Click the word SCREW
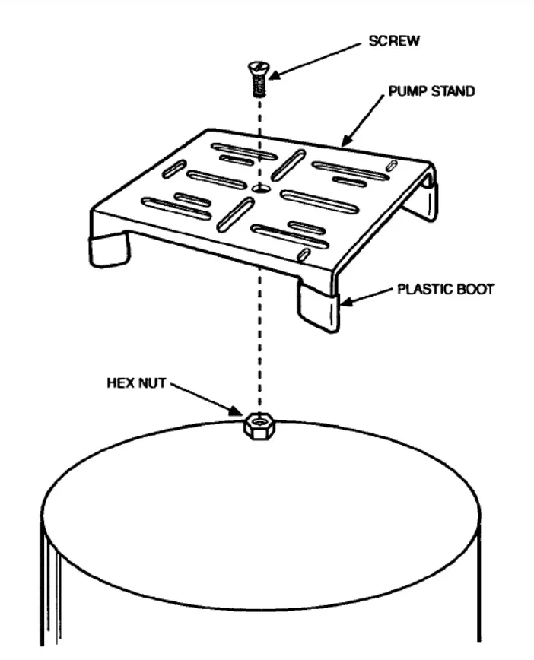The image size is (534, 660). click(x=394, y=41)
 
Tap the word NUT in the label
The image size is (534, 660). click(x=152, y=383)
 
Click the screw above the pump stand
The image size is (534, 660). click(x=258, y=79)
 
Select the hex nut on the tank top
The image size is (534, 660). click(x=257, y=426)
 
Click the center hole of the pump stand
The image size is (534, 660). click(x=262, y=188)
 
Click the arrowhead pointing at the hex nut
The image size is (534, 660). click(x=236, y=411)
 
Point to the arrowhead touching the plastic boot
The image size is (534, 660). click(x=346, y=300)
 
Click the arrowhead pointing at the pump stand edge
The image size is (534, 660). click(x=347, y=140)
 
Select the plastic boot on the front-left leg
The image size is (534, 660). click(x=108, y=249)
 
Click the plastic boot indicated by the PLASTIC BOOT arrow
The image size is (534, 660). click(x=319, y=308)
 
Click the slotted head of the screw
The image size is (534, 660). click(x=258, y=68)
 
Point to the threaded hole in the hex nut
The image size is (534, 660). click(x=258, y=420)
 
